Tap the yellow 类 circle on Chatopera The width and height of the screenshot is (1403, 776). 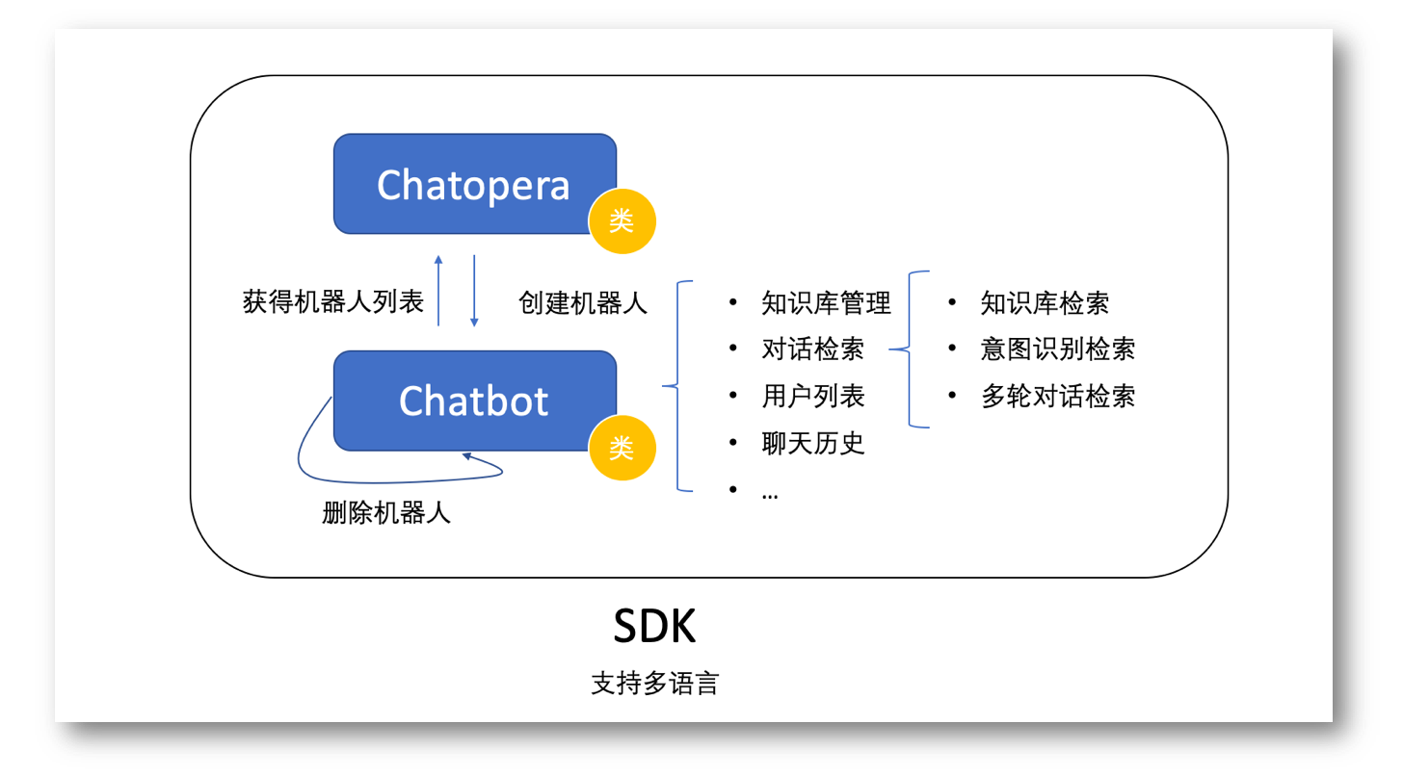[x=622, y=221]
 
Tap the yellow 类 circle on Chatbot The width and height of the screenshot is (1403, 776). [x=622, y=448]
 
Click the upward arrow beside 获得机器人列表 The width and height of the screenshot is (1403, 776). [x=438, y=290]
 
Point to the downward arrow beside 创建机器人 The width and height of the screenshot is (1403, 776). [x=474, y=290]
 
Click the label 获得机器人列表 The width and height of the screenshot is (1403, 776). [x=333, y=302]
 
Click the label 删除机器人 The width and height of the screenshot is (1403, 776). [x=386, y=513]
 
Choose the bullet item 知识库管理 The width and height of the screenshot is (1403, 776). [x=826, y=303]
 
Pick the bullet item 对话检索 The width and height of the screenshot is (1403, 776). [x=812, y=349]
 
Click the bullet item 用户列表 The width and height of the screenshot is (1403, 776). [x=812, y=396]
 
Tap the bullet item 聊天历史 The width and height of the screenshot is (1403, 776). [x=812, y=443]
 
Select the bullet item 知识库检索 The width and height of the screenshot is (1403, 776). [x=1045, y=303]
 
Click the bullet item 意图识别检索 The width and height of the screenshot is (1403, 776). [x=1057, y=349]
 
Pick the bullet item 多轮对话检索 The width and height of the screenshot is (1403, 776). [x=1057, y=396]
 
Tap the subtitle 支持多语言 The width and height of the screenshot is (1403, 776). [x=654, y=685]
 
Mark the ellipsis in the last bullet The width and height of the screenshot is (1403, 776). [x=770, y=493]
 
